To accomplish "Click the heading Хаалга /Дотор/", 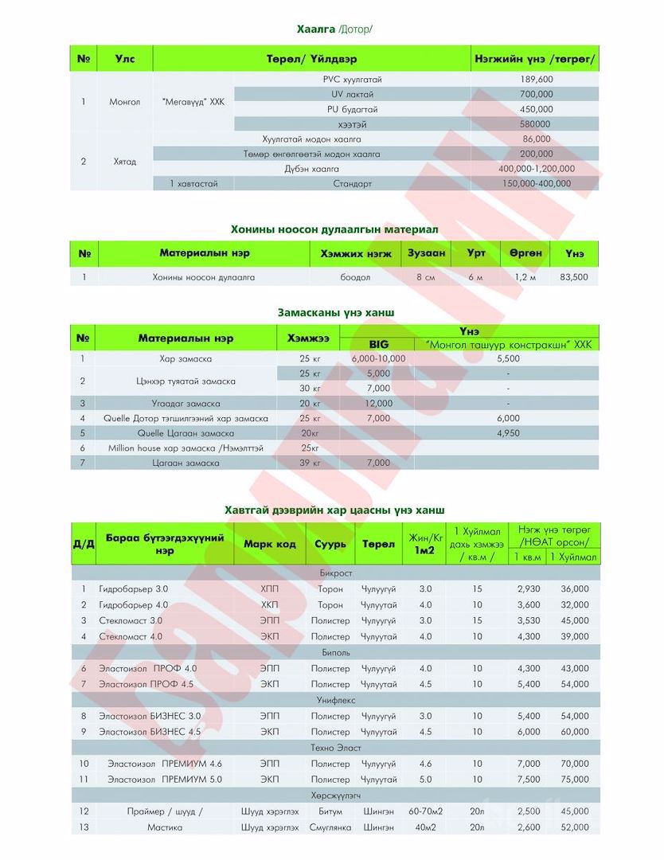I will pos(334,29).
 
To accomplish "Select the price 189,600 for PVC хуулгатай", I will pos(536,79).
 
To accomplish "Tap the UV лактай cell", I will pos(352,94).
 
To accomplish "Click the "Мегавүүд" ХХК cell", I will pos(193,102).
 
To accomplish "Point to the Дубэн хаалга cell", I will pos(311,169).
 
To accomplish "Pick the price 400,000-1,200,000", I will pos(536,169).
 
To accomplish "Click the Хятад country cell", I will pos(124,162).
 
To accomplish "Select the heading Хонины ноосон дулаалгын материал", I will pos(334,229).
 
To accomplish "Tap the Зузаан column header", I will pos(427,253).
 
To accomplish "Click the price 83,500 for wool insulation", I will pos(574,277).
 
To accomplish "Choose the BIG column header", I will pos(378,344).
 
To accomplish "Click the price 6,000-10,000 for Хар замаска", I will pos(378,358).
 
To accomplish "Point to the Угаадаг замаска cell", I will pos(186,404).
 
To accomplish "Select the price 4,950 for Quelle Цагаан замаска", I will pos(507,433).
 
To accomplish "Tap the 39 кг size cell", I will pos(310,463).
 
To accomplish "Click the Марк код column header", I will pos(269,544).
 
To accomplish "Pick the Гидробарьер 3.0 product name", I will pos(134,589).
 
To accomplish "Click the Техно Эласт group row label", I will pos(335,748).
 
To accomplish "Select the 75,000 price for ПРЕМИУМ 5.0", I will pos(574,780).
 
